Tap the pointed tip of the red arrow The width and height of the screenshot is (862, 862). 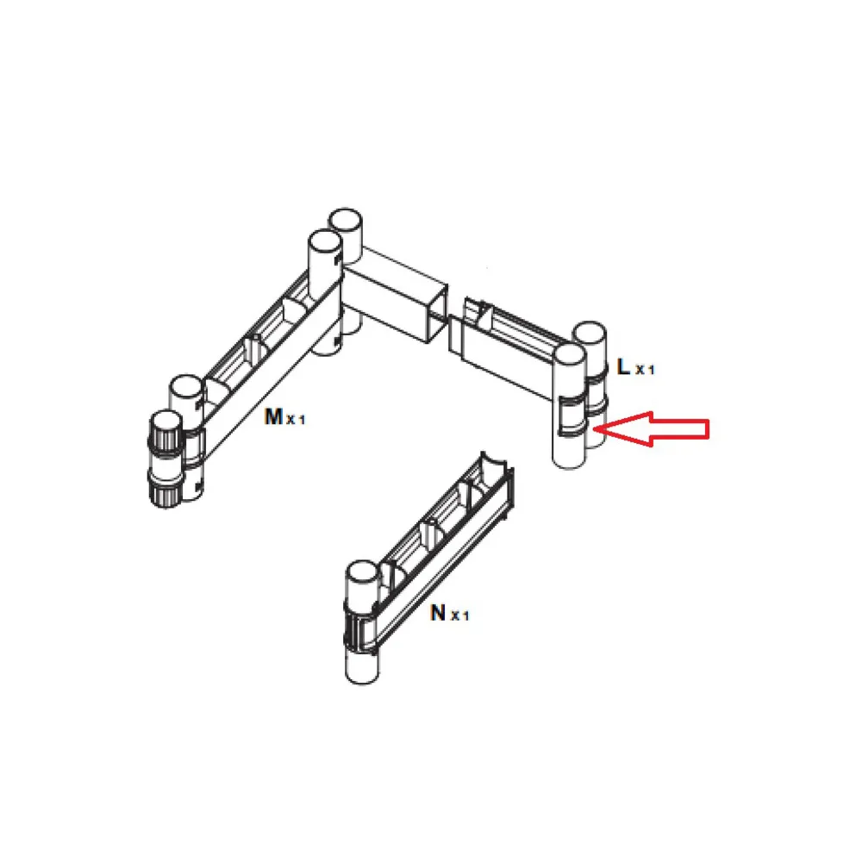(594, 428)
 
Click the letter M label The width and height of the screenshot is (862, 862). (272, 416)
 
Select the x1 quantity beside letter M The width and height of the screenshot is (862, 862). (295, 420)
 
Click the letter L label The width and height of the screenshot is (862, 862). (623, 366)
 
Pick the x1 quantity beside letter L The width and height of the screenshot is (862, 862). (645, 370)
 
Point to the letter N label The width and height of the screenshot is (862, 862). (438, 612)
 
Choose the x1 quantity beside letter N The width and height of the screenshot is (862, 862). (460, 615)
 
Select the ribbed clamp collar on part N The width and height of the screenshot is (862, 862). (359, 627)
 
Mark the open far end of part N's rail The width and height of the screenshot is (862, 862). (497, 478)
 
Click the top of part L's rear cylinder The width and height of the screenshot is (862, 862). (590, 334)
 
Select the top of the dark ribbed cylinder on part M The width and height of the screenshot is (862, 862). (166, 422)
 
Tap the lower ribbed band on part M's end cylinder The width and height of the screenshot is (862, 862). (165, 489)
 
